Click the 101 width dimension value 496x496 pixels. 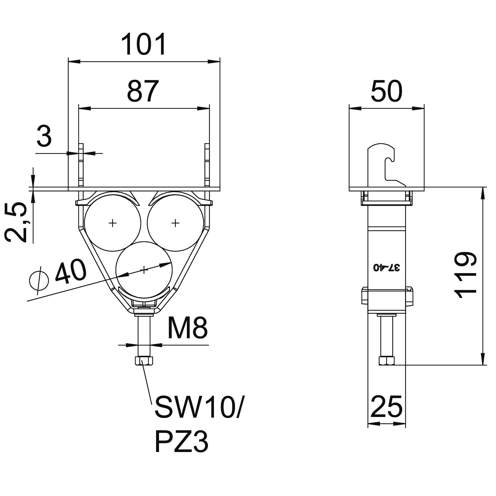click(x=144, y=44)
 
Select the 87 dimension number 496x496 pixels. click(x=143, y=91)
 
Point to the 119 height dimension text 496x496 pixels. click(x=466, y=275)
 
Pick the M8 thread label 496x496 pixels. click(x=187, y=328)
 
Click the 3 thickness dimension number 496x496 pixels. click(x=44, y=137)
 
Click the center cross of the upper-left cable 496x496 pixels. click(x=113, y=223)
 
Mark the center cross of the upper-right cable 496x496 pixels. click(x=175, y=223)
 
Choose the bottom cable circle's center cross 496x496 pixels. click(x=144, y=270)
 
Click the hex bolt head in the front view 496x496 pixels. click(x=144, y=361)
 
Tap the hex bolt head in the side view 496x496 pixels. click(x=387, y=361)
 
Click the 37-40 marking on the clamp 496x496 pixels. click(x=387, y=268)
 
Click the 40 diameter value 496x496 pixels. click(x=70, y=272)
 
